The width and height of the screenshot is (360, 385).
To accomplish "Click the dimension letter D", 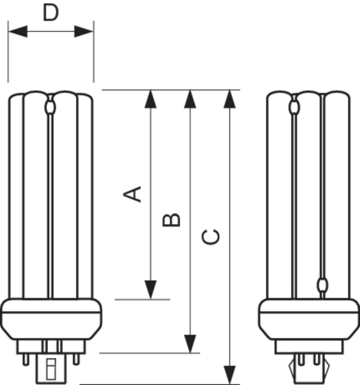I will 51,14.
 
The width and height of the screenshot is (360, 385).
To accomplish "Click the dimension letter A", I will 133,194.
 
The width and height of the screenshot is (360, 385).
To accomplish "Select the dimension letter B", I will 172,220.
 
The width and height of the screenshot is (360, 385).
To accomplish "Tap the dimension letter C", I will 211,236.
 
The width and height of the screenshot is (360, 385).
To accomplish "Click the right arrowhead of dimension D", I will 84,32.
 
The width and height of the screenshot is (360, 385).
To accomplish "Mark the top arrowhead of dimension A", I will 150,99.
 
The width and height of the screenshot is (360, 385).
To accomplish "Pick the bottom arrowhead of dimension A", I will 150,290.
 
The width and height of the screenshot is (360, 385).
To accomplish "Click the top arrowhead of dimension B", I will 190,99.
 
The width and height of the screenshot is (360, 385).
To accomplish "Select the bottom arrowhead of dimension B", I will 190,343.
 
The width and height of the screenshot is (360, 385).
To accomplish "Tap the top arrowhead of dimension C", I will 229,99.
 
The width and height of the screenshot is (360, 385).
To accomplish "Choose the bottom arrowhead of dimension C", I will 229,375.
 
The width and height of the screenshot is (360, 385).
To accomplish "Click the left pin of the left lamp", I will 26,359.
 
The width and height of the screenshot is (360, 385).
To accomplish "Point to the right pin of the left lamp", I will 76,359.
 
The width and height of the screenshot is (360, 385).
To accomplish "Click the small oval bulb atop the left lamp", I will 50,108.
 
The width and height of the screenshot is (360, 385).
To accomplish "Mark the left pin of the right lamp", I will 301,359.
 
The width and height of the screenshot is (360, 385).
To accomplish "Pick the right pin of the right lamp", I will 317,359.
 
